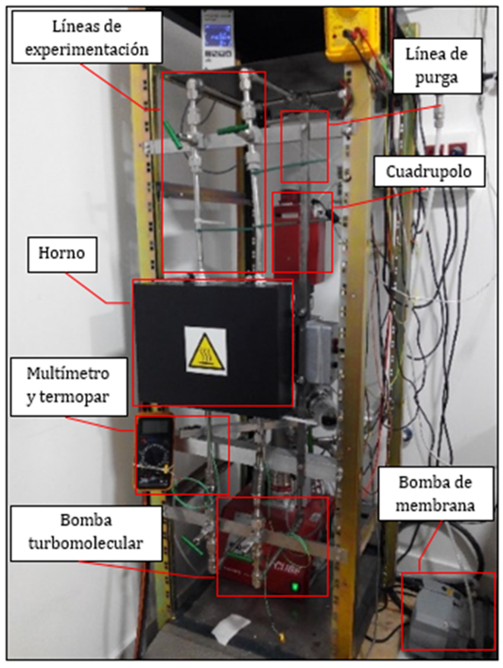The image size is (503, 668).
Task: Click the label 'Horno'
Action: [x=62, y=254]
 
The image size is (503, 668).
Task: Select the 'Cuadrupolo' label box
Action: [x=429, y=171]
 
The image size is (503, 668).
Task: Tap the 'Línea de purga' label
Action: [x=437, y=65]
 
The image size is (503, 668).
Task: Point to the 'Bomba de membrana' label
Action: [x=436, y=493]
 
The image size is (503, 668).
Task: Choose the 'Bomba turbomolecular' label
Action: [x=86, y=533]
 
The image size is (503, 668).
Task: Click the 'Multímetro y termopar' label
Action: [x=69, y=386]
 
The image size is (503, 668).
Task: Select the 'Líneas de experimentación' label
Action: [x=87, y=38]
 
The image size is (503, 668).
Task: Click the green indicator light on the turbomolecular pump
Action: [x=294, y=587]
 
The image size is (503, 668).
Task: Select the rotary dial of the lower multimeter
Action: [x=153, y=457]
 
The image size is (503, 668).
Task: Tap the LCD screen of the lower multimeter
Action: [x=154, y=427]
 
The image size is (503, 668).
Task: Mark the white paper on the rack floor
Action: [x=230, y=628]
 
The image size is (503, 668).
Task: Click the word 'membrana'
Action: [x=435, y=505]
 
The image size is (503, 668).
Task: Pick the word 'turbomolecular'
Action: [x=86, y=543]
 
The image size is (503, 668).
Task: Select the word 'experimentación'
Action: [x=87, y=49]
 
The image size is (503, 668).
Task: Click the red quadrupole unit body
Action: [x=302, y=233]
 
